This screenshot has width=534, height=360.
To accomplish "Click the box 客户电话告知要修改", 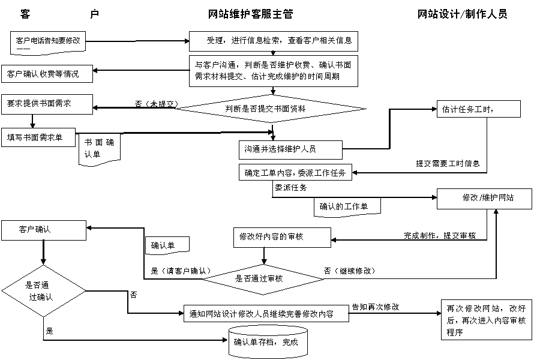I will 49,42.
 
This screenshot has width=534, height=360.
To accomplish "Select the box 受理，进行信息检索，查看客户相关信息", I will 274,41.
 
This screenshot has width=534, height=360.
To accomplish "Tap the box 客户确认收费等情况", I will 47,74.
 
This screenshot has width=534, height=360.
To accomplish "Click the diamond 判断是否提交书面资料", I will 270,109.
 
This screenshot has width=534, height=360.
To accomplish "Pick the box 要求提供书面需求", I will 47,104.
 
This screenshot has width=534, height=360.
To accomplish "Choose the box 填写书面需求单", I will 39,137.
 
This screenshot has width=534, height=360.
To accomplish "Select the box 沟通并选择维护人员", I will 290,148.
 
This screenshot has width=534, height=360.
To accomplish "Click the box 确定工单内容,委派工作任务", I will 296,173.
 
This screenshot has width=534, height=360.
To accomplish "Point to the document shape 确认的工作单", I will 347,206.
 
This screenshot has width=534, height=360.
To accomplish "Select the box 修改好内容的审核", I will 282,237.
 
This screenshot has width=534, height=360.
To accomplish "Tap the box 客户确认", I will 44,229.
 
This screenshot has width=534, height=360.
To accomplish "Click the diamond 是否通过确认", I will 43,290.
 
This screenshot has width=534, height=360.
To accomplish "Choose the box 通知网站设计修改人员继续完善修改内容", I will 266,313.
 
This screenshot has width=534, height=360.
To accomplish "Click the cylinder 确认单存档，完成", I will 269,342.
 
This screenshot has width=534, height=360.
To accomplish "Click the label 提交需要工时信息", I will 448,163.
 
